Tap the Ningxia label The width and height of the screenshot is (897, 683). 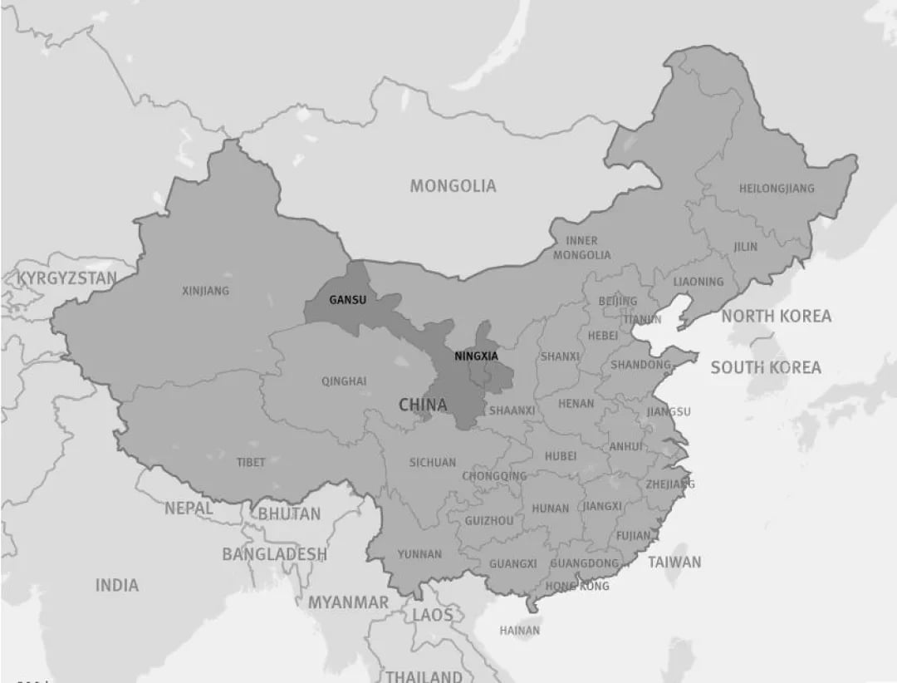(x=476, y=356)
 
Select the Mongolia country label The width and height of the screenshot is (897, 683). (x=453, y=186)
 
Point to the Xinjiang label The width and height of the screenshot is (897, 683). (x=205, y=291)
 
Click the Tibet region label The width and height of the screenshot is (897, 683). (x=251, y=462)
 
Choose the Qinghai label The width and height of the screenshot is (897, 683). (x=344, y=381)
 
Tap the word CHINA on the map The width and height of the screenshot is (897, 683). (x=423, y=405)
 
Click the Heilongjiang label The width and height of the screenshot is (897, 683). (x=777, y=189)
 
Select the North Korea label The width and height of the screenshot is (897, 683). (x=776, y=316)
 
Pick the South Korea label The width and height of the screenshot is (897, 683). (x=766, y=367)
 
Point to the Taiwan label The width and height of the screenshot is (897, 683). (x=674, y=562)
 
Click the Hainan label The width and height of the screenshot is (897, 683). (x=519, y=631)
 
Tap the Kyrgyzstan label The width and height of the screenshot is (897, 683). (x=67, y=278)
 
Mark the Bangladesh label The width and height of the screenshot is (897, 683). (x=274, y=553)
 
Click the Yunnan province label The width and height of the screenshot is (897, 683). (x=419, y=554)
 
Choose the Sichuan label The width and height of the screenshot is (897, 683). (x=432, y=462)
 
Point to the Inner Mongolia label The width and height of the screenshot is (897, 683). (x=581, y=248)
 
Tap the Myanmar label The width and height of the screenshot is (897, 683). (x=348, y=602)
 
